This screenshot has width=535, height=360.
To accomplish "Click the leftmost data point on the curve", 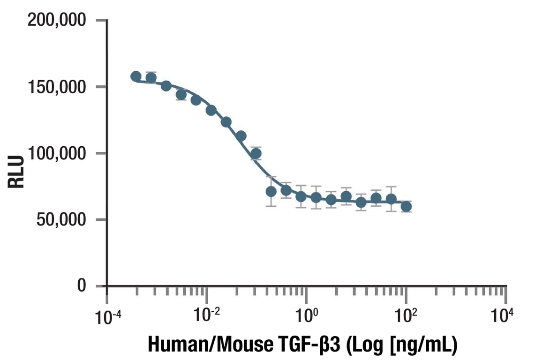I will pyautogui.click(x=136, y=76).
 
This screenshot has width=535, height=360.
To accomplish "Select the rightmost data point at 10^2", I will pyautogui.click(x=407, y=207).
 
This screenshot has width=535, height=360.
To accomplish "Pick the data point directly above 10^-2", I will pyautogui.click(x=211, y=110).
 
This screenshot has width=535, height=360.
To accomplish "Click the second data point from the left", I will pyautogui.click(x=151, y=78).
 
